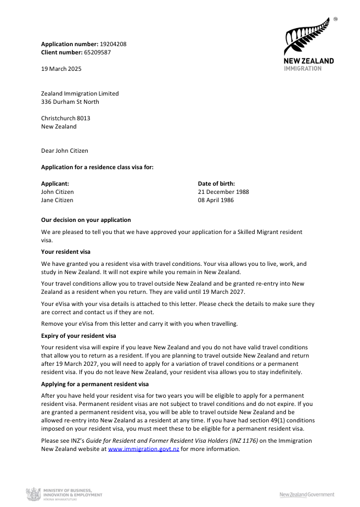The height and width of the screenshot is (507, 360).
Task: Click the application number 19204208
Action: tap(114, 43)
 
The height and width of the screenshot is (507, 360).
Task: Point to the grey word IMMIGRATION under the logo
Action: tap(302, 68)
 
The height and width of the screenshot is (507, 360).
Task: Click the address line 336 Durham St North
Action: tap(70, 102)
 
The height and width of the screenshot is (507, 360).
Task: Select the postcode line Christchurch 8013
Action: tap(66, 118)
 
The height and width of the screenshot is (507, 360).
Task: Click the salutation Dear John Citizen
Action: tap(64, 151)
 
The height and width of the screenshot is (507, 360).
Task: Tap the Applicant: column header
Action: tap(55, 183)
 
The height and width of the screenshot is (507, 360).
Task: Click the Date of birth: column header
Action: tap(216, 183)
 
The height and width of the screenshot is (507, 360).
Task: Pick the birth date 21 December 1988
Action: tap(223, 192)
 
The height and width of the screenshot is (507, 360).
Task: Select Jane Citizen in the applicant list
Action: tap(57, 200)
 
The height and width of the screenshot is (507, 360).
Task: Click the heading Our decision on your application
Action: tap(86, 220)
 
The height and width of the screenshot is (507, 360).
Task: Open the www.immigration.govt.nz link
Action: tap(144, 449)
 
